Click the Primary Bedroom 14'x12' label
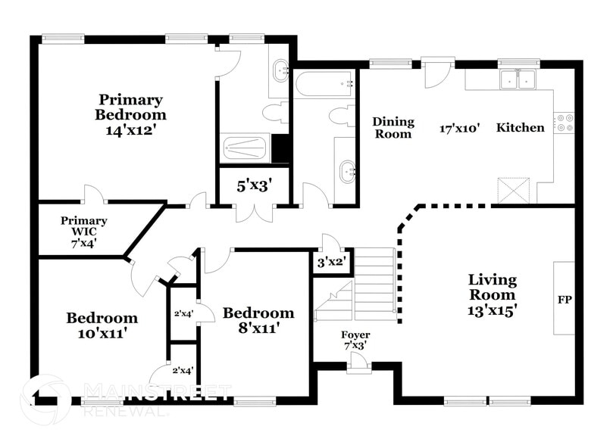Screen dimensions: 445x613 pos(130,114)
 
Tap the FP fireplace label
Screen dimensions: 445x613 pos(565,299)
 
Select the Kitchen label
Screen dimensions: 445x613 pos(520,128)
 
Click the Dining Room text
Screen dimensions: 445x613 pos(393,128)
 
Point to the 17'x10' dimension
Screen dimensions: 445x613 pos(460,129)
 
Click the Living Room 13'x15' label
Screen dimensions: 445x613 pos(492,294)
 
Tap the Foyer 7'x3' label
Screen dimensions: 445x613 pos(355,339)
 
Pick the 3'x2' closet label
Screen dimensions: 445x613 pos(331,263)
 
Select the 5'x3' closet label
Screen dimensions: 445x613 pos(254,184)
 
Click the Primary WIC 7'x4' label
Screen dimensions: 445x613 pos(84,232)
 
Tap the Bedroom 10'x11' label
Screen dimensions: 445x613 pos(102,324)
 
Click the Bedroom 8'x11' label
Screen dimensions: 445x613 pos(258,319)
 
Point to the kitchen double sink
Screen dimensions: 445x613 pos(519,79)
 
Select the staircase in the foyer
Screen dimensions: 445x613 pos(374,284)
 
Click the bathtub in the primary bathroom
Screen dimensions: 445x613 pos(245,148)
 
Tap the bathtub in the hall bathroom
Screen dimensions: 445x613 pos(325,83)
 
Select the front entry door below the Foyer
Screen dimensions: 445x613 pos(358,367)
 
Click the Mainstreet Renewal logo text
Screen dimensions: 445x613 pos(158,399)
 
